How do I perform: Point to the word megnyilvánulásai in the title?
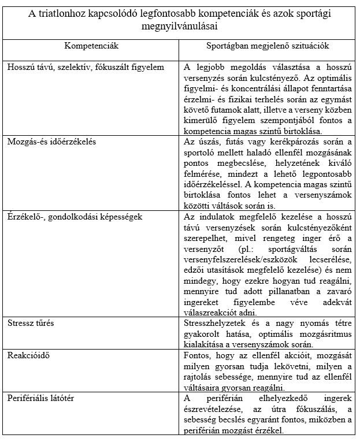pyautogui.click(x=180, y=26)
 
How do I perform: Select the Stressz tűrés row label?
pyautogui.click(x=31, y=322)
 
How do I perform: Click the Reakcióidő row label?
pyautogui.click(x=29, y=355)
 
